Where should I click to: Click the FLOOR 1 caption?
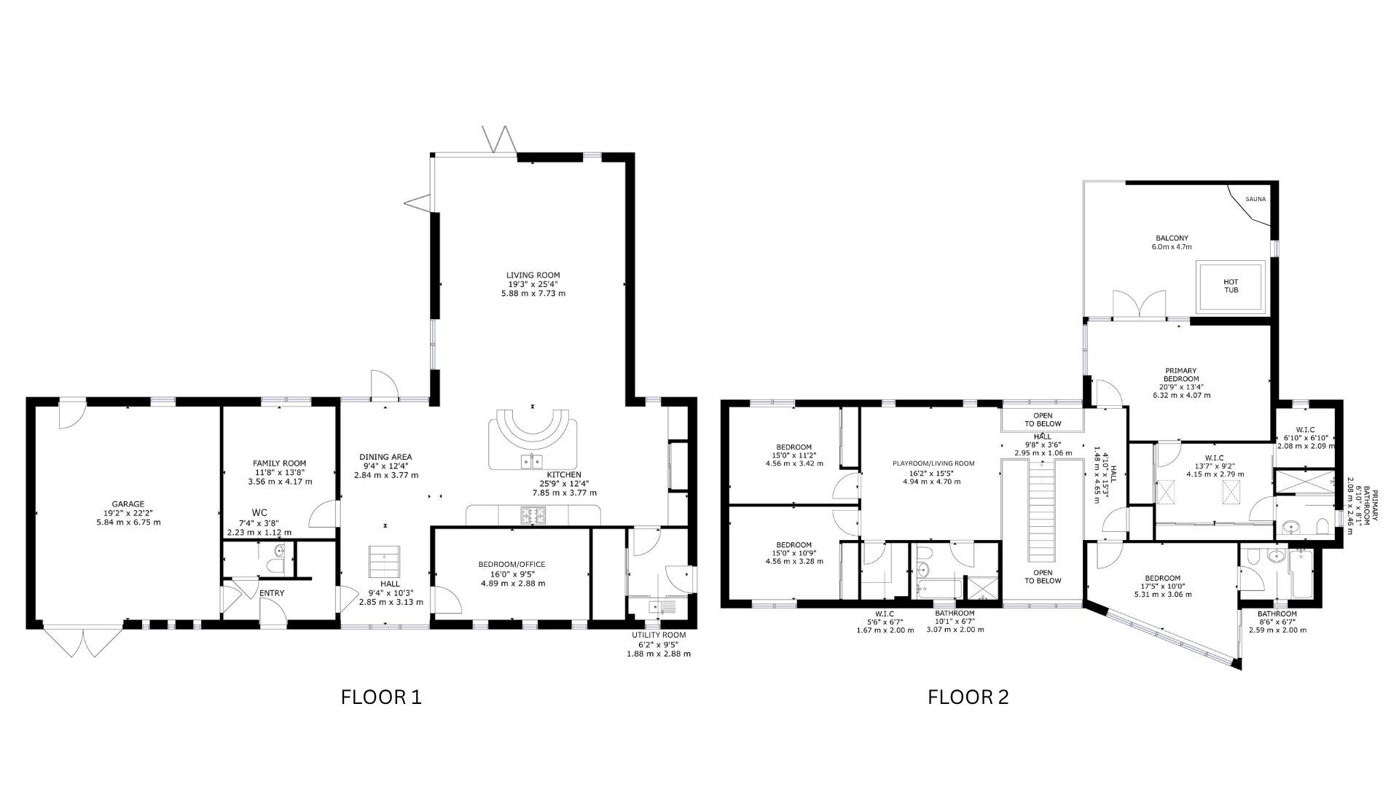381,697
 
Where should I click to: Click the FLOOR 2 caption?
968,697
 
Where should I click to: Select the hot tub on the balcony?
1231,286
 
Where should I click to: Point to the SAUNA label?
1255,199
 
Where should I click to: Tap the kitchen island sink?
531,461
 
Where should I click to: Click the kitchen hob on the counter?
531,515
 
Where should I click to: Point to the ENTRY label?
272,593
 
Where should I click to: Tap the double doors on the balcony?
1140,305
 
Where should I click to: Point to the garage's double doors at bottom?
84,641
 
